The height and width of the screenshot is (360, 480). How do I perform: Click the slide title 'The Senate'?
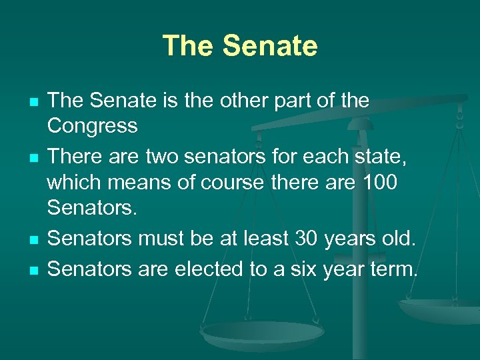pyautogui.click(x=240, y=46)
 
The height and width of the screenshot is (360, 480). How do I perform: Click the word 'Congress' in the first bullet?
pyautogui.click(x=93, y=125)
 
